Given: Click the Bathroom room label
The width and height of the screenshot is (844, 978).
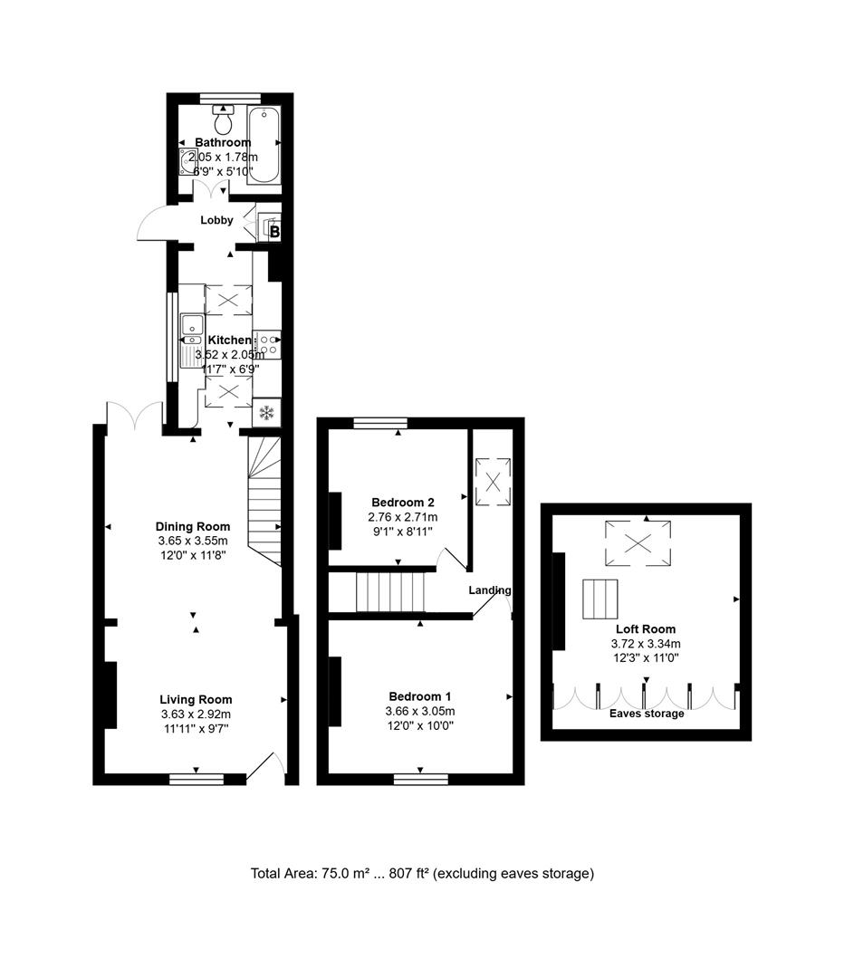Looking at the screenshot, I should [x=223, y=142].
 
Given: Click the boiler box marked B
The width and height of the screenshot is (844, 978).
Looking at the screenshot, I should [x=274, y=232].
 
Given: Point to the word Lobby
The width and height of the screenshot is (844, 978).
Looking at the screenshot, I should [x=216, y=220].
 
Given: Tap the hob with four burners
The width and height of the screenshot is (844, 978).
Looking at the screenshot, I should [x=268, y=342].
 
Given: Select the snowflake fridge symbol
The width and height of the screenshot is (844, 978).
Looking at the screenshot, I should [x=266, y=413].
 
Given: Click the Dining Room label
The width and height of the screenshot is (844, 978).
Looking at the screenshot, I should [x=193, y=526].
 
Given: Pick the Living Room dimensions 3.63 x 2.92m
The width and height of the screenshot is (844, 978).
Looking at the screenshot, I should [x=196, y=714].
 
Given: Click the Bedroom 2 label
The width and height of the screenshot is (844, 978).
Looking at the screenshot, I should [x=403, y=503].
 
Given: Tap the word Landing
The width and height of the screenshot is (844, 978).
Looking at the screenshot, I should [x=489, y=590].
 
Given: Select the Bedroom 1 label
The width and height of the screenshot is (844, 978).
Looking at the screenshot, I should [x=420, y=695].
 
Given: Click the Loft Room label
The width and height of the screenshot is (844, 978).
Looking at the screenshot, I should [x=645, y=629].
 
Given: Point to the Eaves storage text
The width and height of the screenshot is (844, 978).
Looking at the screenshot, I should [x=646, y=714].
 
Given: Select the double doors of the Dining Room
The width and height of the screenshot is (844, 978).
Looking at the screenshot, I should [x=134, y=417].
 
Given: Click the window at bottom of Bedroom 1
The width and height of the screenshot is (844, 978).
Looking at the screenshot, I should [x=421, y=777].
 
